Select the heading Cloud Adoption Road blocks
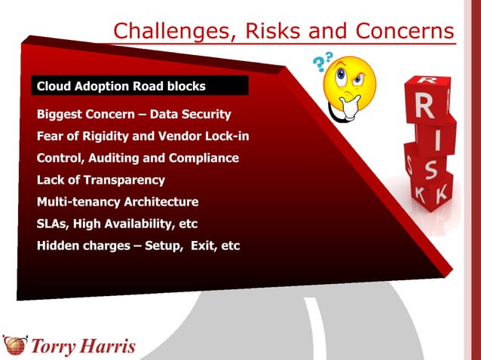click(121, 86)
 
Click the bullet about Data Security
click(133, 114)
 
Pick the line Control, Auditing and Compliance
click(138, 158)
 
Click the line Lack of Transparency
click(101, 180)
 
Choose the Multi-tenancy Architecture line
click(118, 202)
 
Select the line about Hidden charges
click(138, 246)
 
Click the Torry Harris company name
click(83, 346)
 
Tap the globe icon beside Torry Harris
click(15, 345)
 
